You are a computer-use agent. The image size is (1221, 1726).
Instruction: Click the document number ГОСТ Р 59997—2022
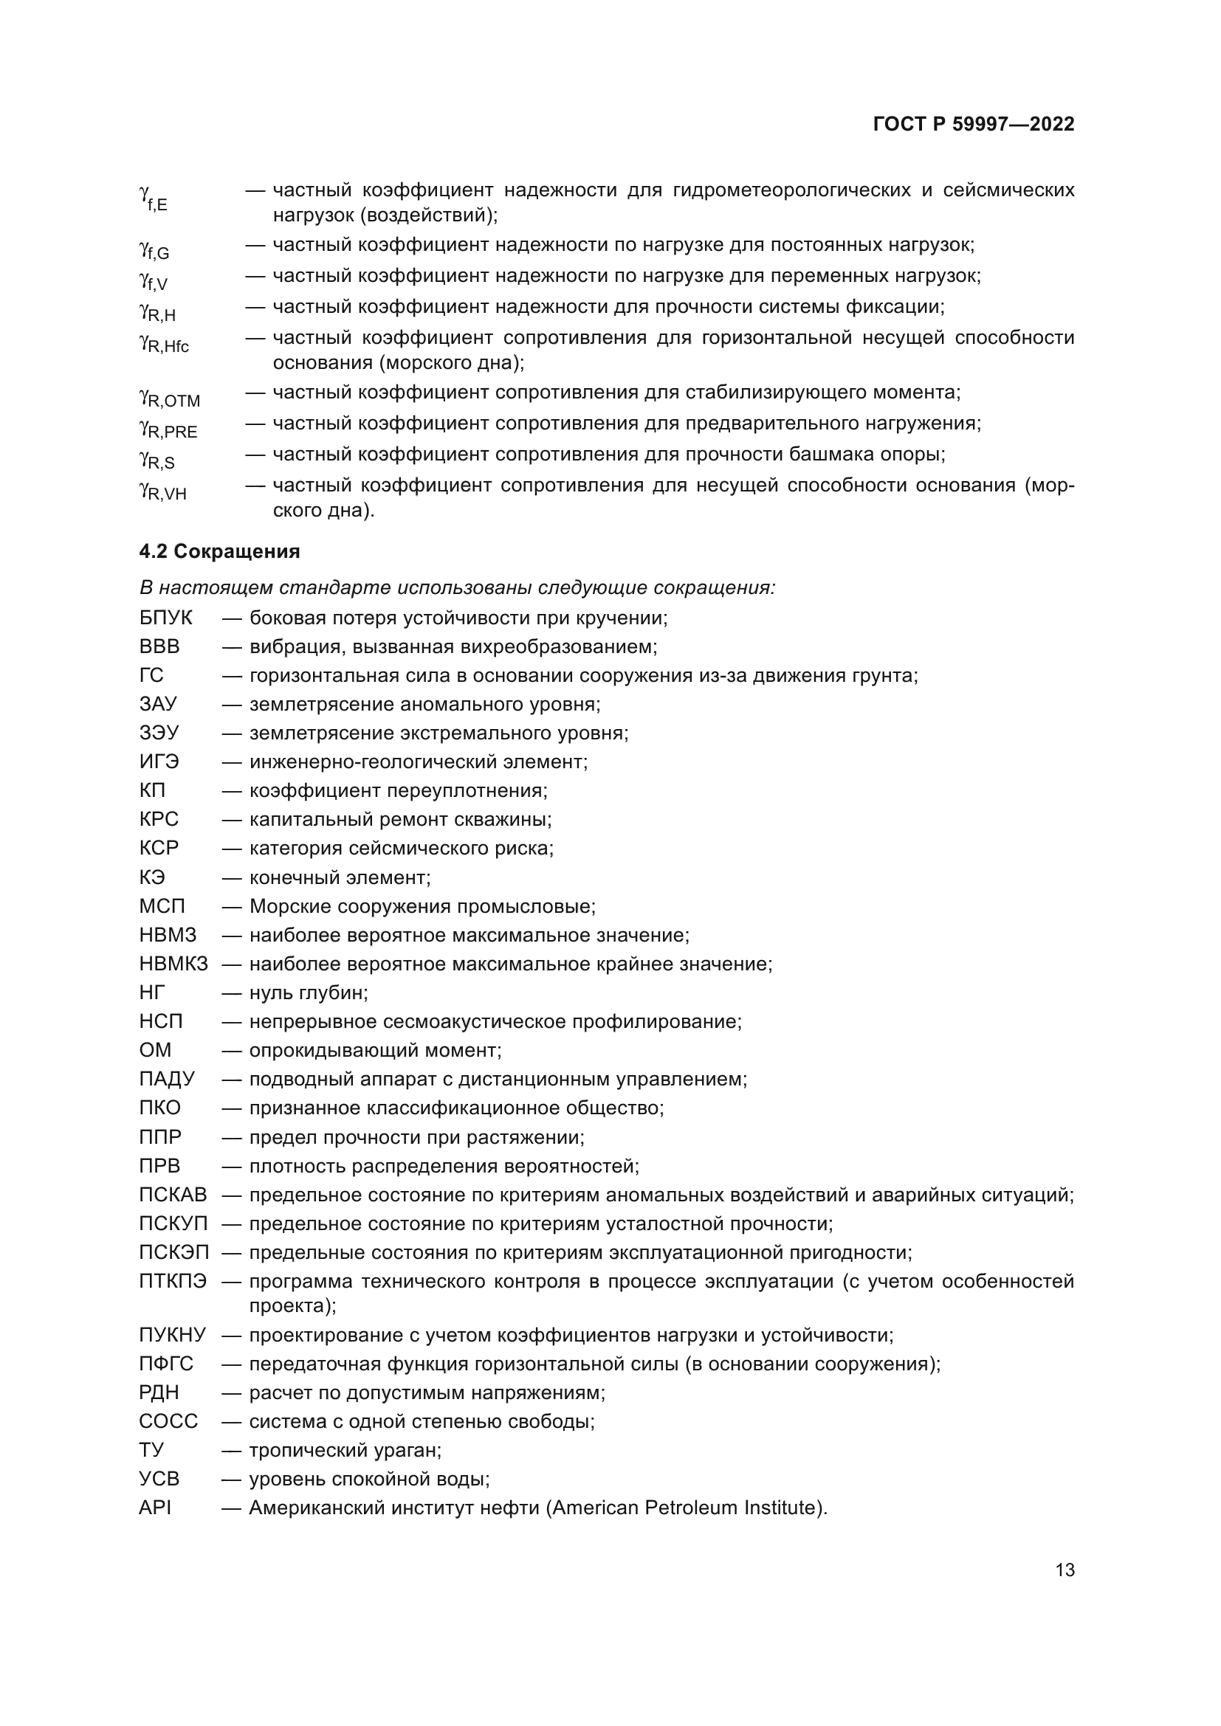[974, 124]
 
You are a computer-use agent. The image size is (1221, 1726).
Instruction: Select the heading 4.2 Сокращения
[219, 552]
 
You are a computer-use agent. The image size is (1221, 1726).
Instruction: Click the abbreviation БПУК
[165, 618]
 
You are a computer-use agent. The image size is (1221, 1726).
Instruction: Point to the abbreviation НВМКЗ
[173, 964]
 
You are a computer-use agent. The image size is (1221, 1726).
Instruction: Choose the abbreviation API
[155, 1508]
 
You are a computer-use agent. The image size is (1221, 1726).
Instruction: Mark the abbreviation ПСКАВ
[173, 1195]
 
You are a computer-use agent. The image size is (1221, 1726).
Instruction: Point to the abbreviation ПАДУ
[166, 1080]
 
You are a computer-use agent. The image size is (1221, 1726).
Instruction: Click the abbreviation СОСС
[168, 1421]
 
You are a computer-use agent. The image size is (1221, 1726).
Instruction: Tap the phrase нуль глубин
[308, 993]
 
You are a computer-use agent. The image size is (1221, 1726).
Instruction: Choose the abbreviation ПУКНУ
[172, 1335]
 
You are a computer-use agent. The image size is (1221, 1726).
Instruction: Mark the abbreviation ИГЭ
[159, 762]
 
